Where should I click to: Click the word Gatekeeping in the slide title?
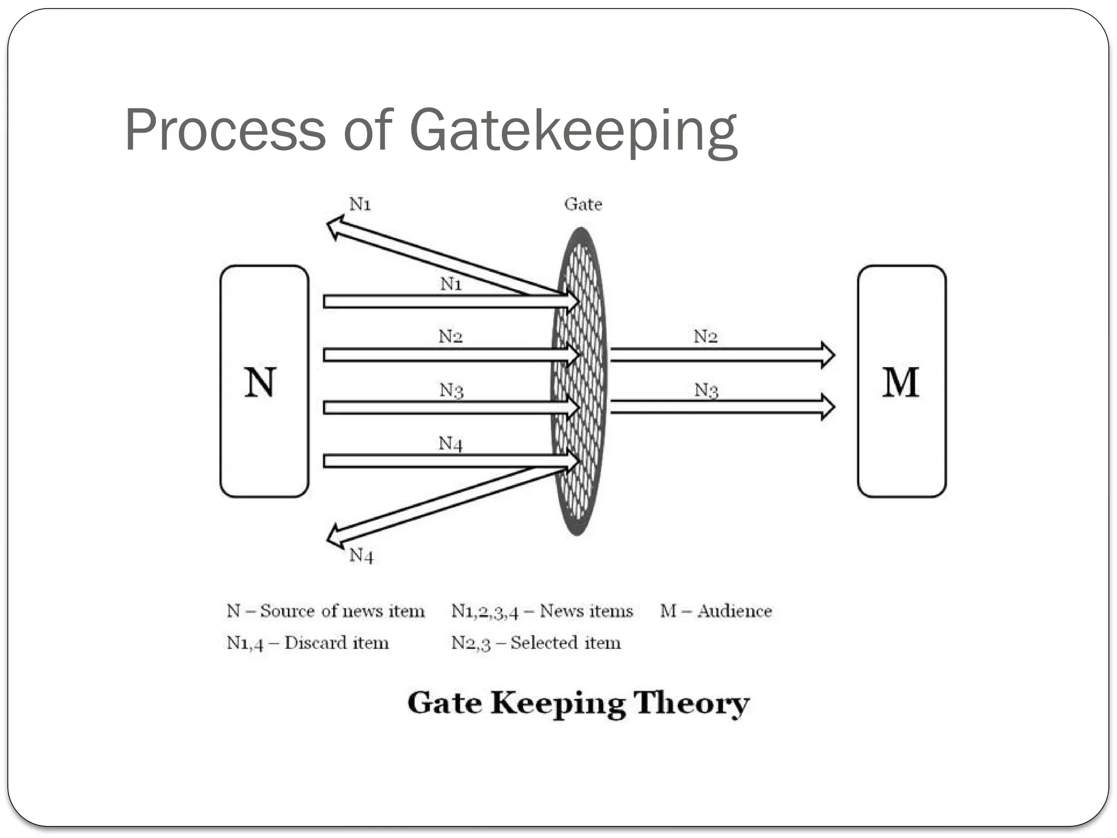[573, 131]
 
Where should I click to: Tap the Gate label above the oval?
[583, 205]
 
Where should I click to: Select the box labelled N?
[264, 381]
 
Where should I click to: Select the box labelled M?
[901, 381]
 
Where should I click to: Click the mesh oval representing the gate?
[579, 382]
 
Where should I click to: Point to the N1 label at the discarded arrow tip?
[360, 204]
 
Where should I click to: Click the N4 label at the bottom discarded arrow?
[361, 555]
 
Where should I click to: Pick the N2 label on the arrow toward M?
[705, 337]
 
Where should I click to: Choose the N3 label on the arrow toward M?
[706, 390]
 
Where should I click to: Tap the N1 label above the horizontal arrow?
[451, 284]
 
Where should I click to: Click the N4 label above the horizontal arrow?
[451, 444]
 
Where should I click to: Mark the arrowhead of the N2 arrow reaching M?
[828, 355]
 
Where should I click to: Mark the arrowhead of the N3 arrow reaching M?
[828, 407]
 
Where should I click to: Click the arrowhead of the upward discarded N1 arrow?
[334, 226]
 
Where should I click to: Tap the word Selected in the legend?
[543, 643]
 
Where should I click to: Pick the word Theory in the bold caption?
[691, 703]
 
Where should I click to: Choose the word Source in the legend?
[287, 611]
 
